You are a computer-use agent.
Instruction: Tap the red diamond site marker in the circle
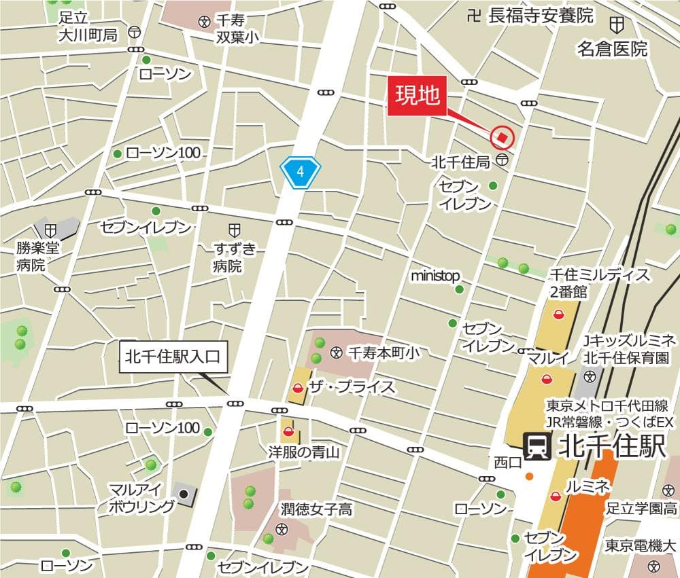502,138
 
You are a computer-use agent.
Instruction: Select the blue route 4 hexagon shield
301,173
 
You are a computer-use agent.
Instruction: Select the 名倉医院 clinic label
612,49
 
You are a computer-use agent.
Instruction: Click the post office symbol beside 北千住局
501,160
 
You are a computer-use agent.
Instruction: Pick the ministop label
435,276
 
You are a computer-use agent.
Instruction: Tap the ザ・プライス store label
352,388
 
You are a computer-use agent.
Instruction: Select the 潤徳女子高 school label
317,509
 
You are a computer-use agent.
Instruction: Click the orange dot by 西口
529,477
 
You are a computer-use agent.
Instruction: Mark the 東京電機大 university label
641,546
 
